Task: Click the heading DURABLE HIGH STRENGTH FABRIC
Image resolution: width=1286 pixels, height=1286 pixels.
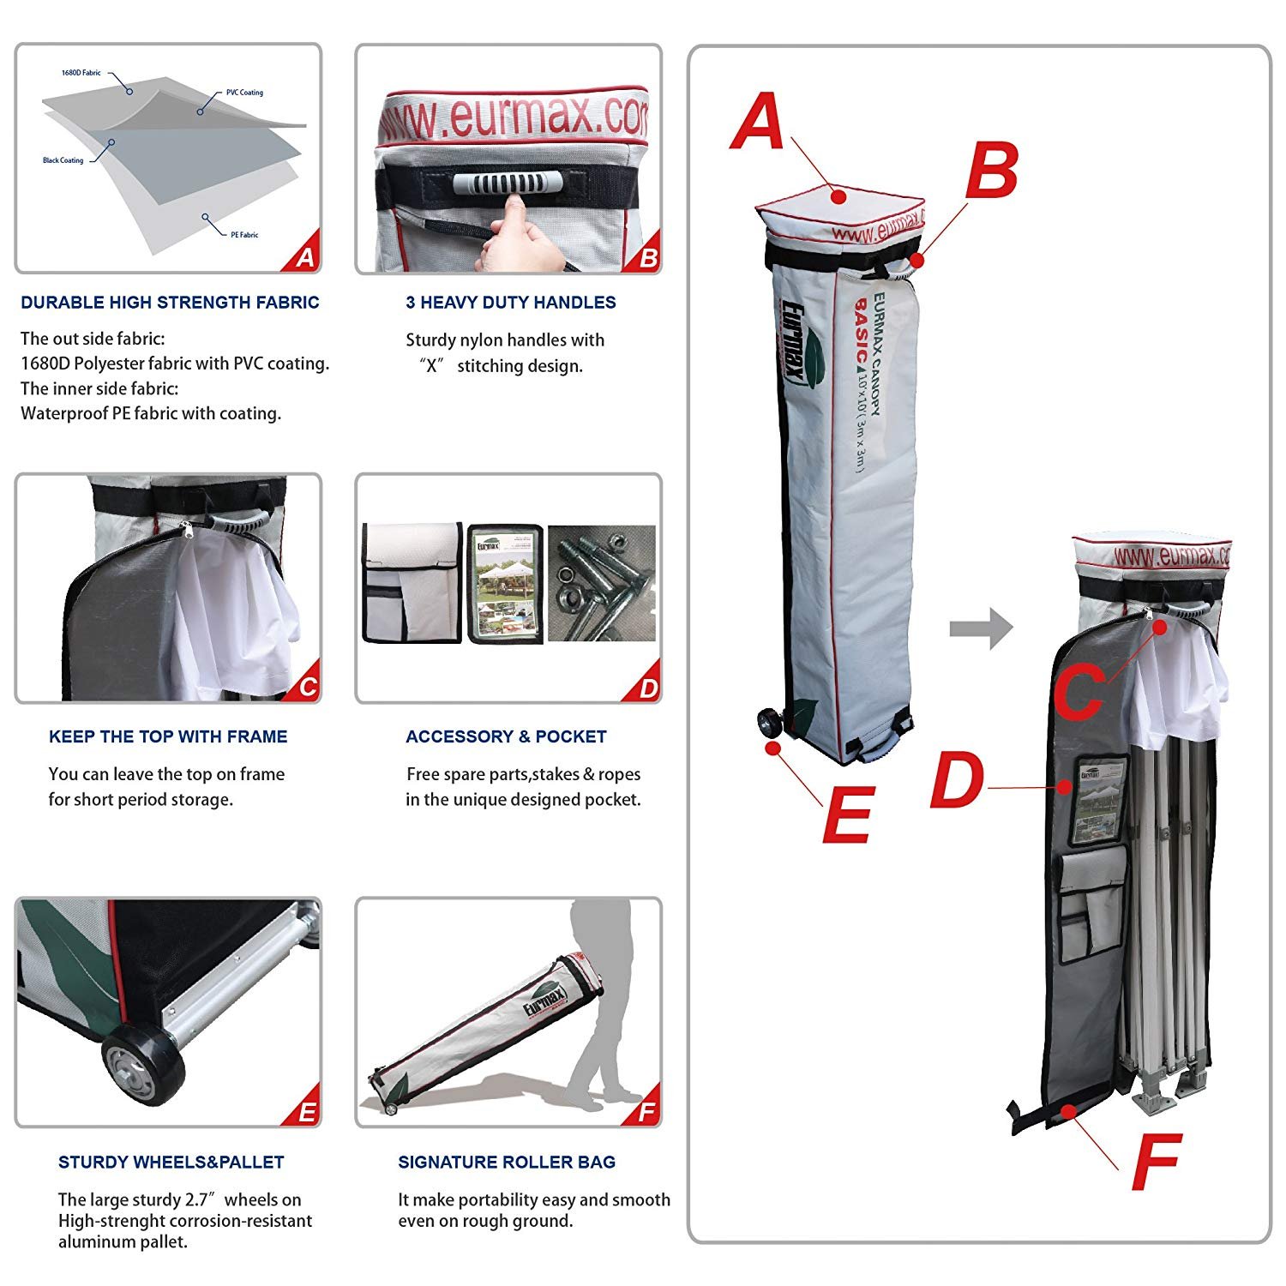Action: pos(170,303)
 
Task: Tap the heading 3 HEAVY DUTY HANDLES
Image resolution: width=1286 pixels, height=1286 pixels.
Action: pos(510,303)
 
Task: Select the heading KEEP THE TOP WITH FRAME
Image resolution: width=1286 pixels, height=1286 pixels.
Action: pos(168,736)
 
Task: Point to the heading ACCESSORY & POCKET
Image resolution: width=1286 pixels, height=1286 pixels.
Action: pos(506,736)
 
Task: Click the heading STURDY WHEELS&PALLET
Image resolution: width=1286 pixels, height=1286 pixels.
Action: pos(171,1163)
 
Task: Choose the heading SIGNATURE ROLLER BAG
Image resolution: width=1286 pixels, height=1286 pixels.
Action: pos(507,1163)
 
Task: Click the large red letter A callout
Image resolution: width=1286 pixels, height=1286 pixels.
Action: pos(758,122)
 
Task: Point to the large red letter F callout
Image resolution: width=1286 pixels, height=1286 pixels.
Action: pos(1156,1162)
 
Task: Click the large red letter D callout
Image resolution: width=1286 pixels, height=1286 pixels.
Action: pos(957,780)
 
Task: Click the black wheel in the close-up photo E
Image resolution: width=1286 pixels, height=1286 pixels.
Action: pos(143,1067)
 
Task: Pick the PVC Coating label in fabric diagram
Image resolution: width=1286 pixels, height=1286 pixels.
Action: pos(244,93)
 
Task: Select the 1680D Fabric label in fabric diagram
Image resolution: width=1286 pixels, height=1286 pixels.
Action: pos(81,73)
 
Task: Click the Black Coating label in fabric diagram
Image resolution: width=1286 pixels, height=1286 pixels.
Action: pos(63,160)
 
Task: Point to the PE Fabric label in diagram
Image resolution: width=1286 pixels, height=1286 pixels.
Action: pos(244,235)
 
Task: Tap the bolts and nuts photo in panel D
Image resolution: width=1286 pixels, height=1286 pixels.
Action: pos(601,583)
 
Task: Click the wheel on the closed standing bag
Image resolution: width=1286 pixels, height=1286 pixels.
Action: pos(770,724)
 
